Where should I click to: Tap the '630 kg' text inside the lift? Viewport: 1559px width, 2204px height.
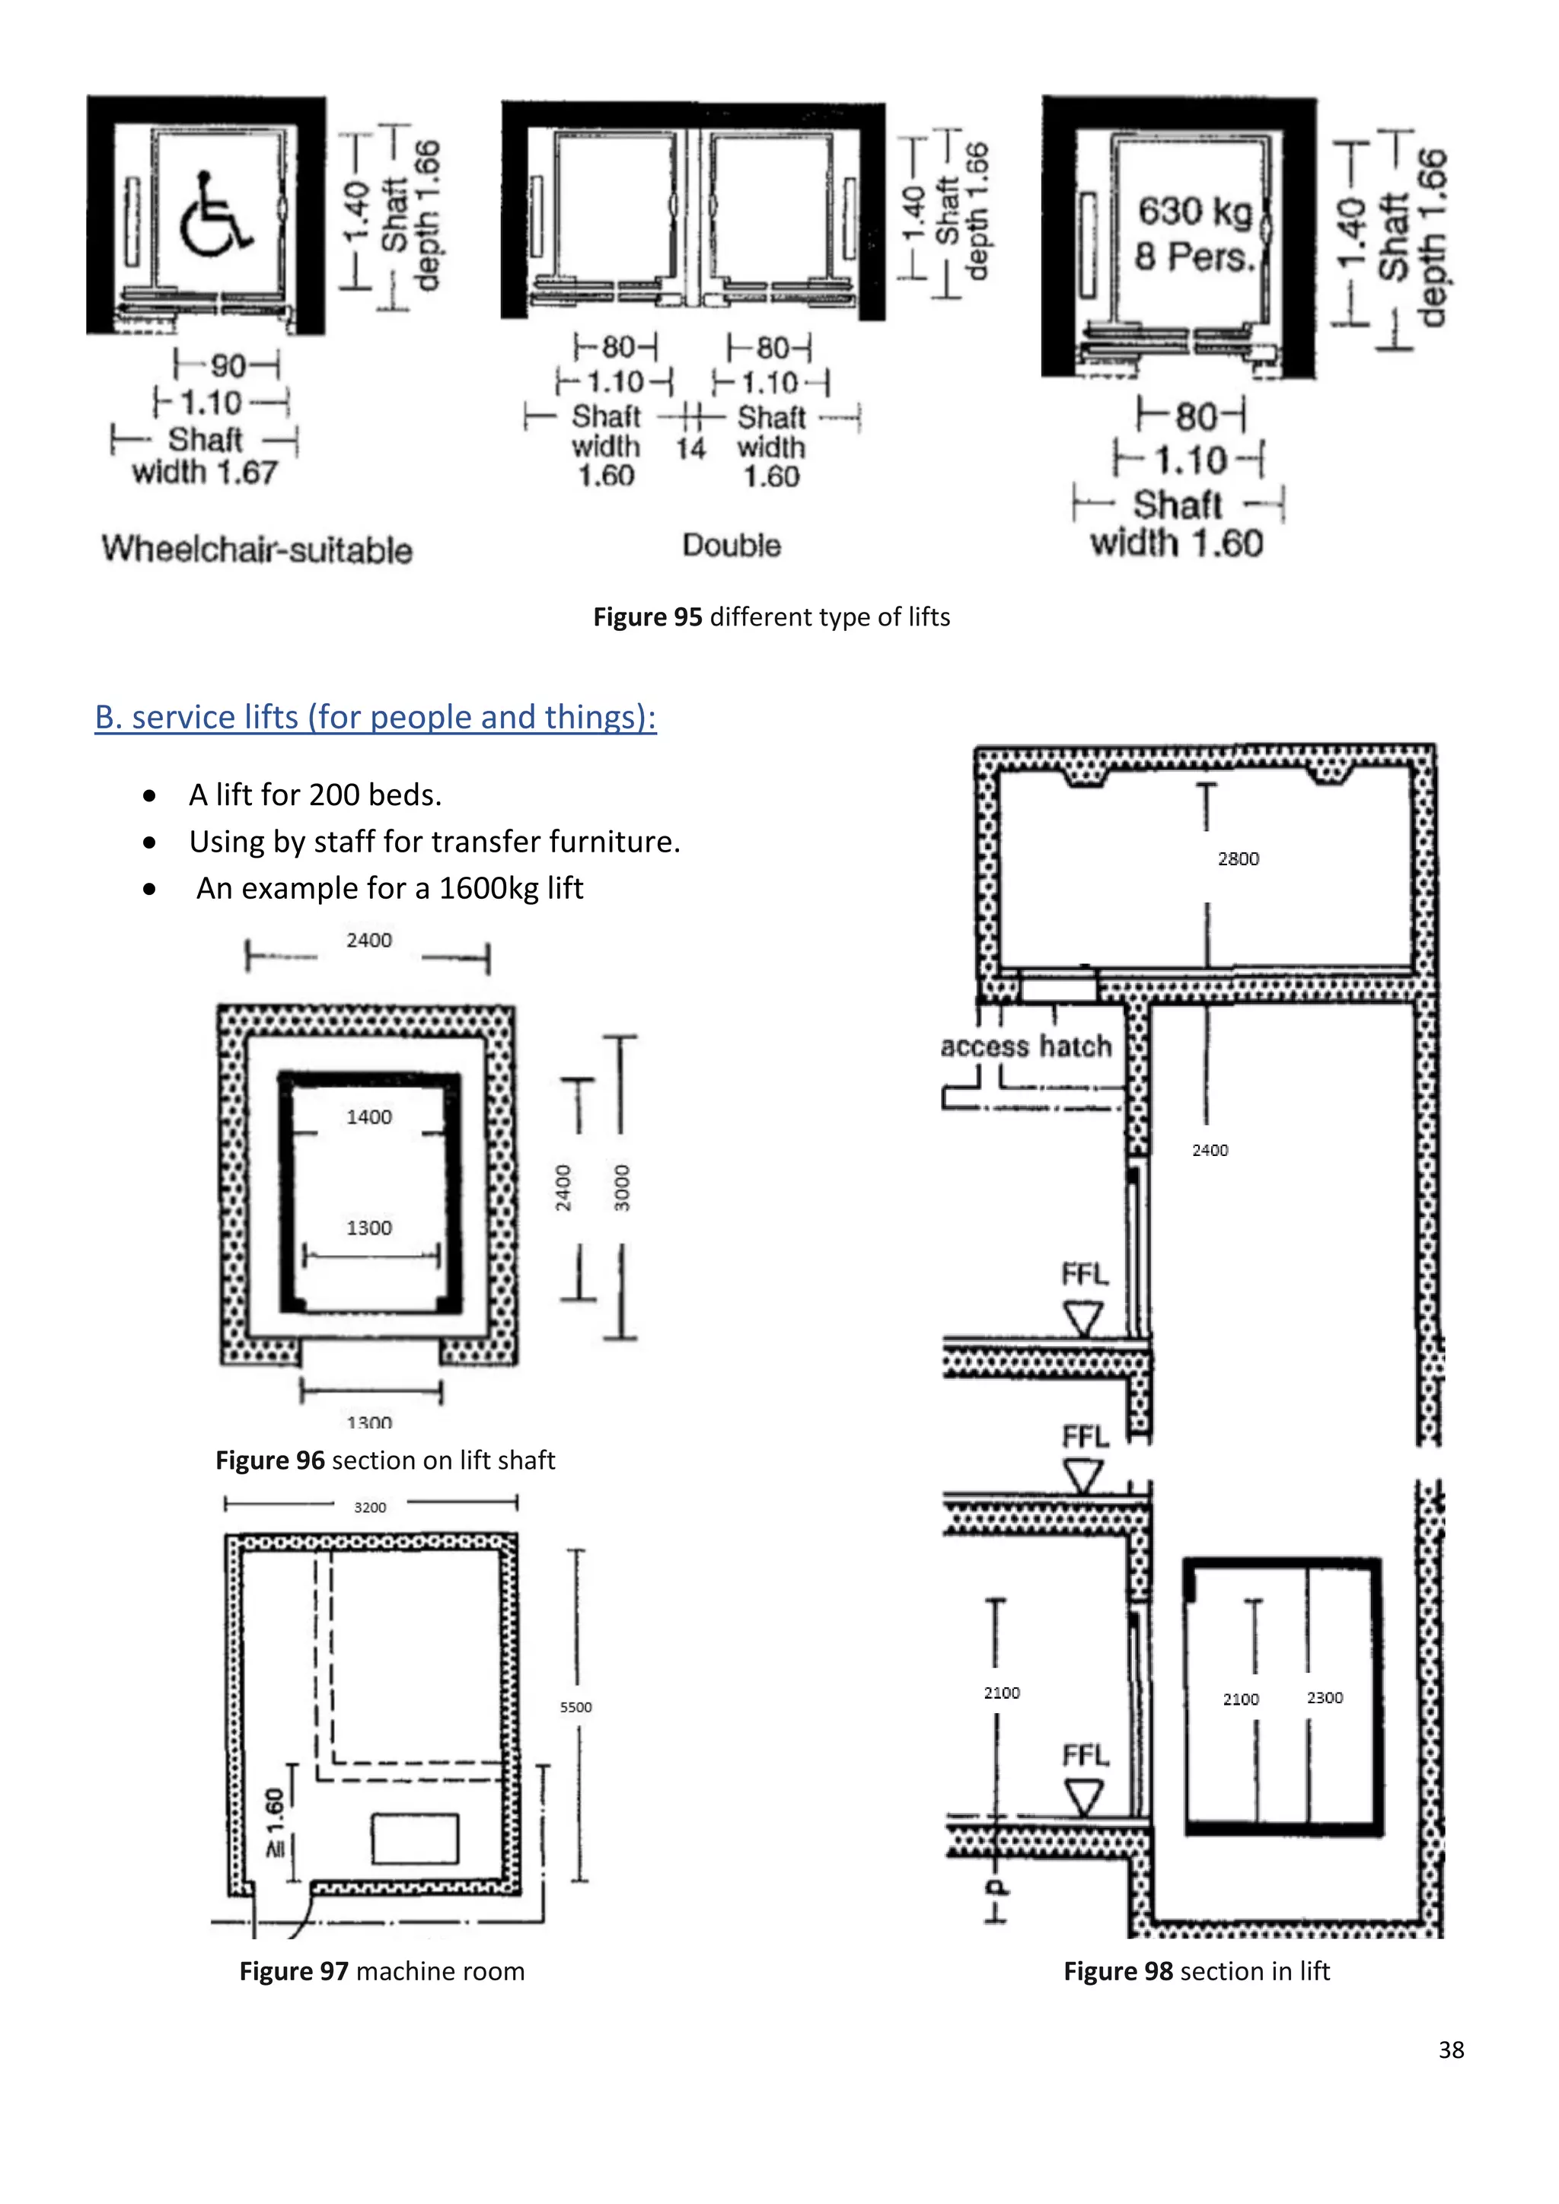pos(1194,211)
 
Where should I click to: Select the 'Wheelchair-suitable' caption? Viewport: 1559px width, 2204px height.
pos(257,550)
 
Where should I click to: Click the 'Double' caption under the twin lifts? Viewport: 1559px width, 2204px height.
pos(732,545)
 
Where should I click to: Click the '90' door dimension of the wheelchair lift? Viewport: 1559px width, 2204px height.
pos(228,366)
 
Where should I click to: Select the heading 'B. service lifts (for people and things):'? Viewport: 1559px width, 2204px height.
pos(375,717)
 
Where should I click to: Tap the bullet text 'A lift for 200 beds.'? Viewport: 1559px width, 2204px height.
pos(315,795)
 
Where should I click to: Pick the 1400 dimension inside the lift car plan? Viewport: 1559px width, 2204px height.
pos(368,1116)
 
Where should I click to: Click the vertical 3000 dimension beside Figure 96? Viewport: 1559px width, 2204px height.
pos(622,1186)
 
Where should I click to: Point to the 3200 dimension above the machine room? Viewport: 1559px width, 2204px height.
pos(370,1507)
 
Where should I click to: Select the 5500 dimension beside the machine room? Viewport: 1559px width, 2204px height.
pos(576,1707)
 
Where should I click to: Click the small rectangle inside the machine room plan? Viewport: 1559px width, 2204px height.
pos(415,1838)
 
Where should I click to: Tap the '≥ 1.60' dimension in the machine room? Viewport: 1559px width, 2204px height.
pos(276,1822)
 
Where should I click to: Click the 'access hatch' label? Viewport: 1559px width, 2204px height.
pos(1025,1046)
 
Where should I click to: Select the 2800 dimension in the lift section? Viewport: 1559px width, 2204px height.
pos(1238,859)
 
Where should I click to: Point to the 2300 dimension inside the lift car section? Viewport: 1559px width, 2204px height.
pos(1324,1697)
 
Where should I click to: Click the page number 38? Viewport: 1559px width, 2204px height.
pos(1450,2050)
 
